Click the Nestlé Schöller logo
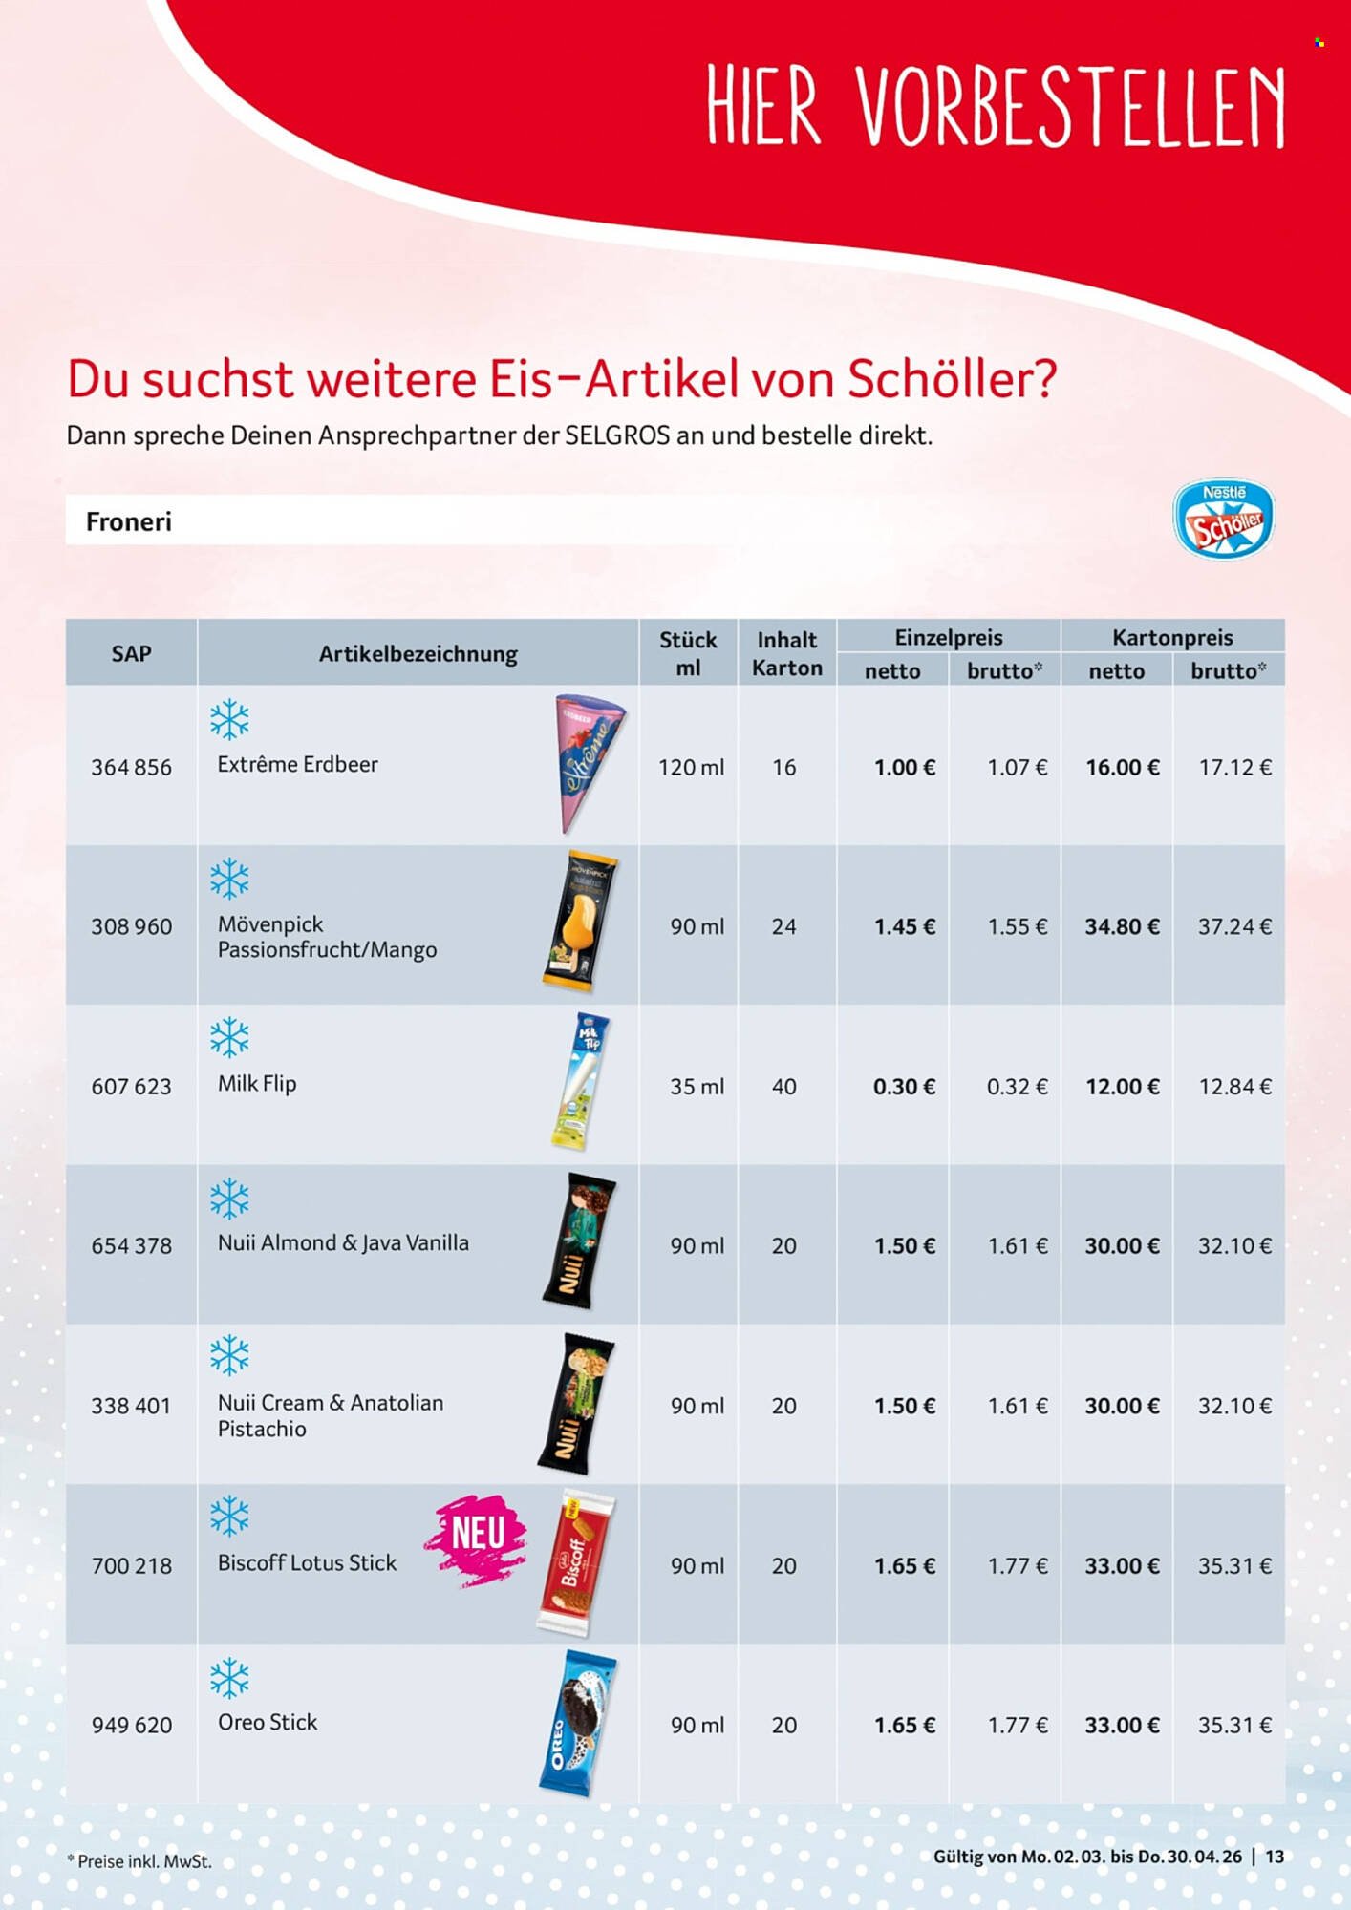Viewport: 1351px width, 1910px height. [1223, 520]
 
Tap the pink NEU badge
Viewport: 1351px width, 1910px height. [477, 1538]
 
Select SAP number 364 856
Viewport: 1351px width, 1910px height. [131, 767]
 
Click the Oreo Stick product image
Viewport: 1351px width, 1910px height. [577, 1724]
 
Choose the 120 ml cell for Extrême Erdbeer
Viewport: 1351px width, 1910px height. [691, 767]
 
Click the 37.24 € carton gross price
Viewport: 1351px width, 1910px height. [1233, 926]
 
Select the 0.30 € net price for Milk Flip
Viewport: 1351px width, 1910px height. [904, 1086]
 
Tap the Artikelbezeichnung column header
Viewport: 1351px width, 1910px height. [418, 653]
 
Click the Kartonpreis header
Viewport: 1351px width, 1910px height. [1172, 637]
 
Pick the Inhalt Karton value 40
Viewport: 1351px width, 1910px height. [784, 1086]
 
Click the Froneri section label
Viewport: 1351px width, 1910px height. [129, 521]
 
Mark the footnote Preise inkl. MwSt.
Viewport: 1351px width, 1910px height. [139, 1860]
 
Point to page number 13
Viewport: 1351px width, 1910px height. [1275, 1857]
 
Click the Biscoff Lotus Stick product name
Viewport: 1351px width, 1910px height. [307, 1563]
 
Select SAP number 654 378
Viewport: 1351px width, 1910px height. [131, 1245]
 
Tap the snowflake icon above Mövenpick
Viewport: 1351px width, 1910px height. [229, 879]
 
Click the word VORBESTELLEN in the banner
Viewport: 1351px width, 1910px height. [1070, 107]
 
